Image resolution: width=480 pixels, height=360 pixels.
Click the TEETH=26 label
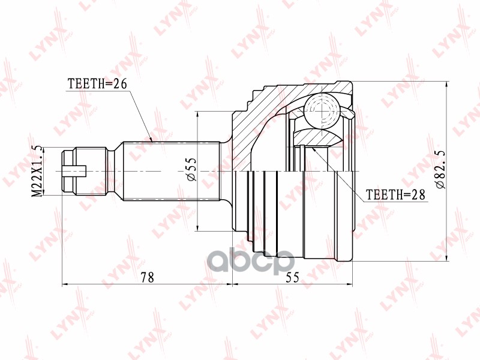(97, 84)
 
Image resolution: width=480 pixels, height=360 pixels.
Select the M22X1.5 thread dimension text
(37, 171)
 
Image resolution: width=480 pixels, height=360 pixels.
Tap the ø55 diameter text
(191, 171)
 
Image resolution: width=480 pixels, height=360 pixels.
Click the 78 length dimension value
(148, 277)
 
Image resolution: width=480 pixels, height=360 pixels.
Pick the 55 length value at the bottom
(293, 277)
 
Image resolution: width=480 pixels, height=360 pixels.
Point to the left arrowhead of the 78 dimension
(64, 284)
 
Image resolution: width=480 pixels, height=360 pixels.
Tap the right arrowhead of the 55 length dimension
(350, 284)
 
